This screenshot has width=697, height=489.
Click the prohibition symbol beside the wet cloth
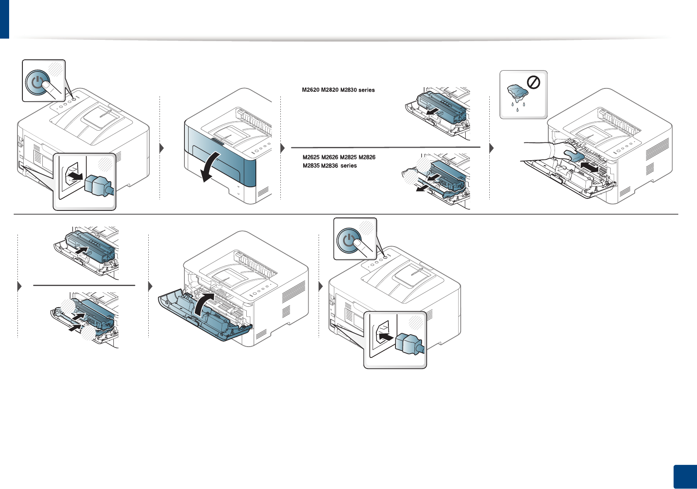[x=533, y=83]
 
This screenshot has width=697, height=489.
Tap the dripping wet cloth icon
[x=517, y=93]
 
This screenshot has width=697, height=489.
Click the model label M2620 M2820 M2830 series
[x=338, y=90]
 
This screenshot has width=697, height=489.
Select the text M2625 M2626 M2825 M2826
[x=339, y=157]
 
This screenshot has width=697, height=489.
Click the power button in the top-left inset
[x=37, y=82]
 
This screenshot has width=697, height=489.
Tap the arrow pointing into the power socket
[x=386, y=337]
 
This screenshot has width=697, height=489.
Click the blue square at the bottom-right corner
[x=685, y=477]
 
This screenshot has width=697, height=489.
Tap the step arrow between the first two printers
[x=162, y=148]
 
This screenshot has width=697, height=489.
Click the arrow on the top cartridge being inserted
[x=83, y=251]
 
